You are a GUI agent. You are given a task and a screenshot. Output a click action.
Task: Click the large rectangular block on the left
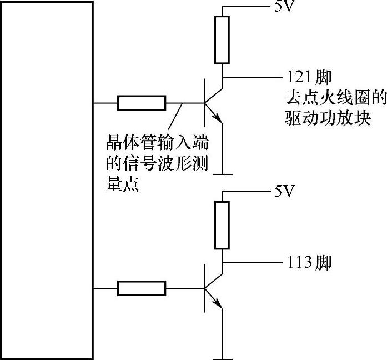click(x=47, y=180)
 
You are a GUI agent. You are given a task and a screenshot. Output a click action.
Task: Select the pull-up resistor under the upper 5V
click(x=222, y=40)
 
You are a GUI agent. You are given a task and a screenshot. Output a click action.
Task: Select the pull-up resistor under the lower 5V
click(x=222, y=225)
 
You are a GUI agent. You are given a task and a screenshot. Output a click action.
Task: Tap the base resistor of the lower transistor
click(x=142, y=288)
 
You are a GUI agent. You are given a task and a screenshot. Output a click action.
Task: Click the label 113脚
click(x=309, y=262)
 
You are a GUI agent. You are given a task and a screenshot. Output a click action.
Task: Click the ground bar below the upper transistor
click(x=222, y=174)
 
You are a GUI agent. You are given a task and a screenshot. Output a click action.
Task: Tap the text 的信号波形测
click(x=157, y=165)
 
